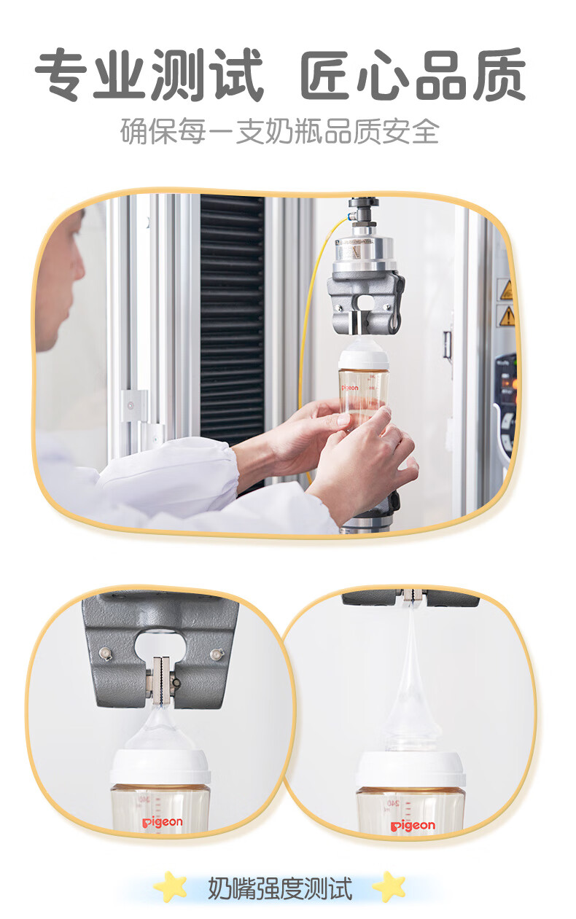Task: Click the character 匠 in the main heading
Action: point(327,76)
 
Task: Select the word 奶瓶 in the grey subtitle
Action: point(294,132)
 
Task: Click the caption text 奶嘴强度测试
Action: point(280,888)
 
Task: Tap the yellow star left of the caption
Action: point(171,887)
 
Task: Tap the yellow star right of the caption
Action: point(389,887)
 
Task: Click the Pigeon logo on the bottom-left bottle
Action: point(162,822)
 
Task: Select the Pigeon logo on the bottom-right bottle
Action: point(413,825)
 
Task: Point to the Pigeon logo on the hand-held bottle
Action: point(350,388)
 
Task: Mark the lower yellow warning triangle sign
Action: point(507,316)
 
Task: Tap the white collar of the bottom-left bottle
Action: point(160,767)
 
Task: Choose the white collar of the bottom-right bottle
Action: point(410,770)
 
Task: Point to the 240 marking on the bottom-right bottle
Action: point(393,803)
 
